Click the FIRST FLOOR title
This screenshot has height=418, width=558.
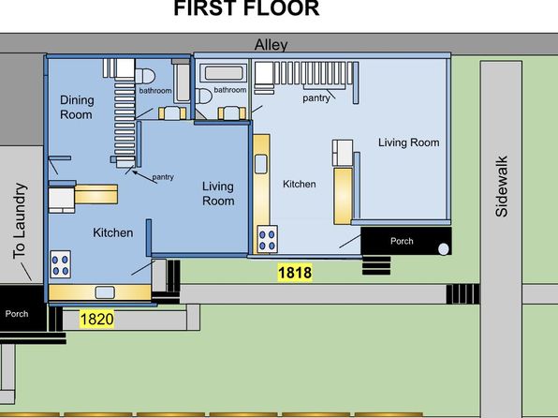pos(246,7)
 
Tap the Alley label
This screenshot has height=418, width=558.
pos(272,45)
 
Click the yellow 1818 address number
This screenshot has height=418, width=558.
pos(295,273)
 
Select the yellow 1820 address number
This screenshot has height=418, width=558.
pos(96,319)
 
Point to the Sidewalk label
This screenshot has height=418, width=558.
pos(502,187)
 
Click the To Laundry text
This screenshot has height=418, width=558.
pos(20,221)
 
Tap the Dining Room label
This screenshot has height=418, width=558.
pos(77,107)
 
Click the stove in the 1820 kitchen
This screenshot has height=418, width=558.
pos(60,265)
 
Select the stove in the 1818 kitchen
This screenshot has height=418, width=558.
pos(267,239)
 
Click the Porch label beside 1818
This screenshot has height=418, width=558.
pos(402,241)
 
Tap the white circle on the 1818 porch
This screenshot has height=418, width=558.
pos(444,249)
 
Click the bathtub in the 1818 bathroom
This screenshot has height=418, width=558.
pos(224,73)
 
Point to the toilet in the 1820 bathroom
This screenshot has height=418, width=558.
pos(145,76)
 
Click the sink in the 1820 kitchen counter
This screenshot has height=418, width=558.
pos(105,292)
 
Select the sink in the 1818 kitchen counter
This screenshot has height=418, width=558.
pos(261,164)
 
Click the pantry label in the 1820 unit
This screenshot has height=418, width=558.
pos(163,177)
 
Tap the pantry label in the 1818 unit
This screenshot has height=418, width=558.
pos(316,98)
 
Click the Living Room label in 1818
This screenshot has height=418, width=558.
pos(408,142)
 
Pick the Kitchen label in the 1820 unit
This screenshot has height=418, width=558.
pos(113,232)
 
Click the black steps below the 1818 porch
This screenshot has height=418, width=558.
pos(376,266)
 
